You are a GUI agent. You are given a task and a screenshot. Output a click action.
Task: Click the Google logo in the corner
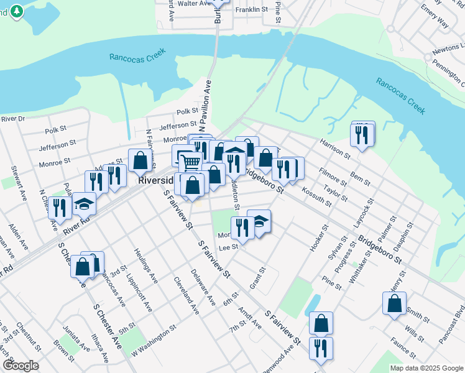point(20,366)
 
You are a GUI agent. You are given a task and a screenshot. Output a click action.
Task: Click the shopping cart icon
point(192,163)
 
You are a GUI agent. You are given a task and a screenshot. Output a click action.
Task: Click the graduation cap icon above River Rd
point(84,204)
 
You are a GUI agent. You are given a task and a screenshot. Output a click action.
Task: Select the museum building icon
point(234,152)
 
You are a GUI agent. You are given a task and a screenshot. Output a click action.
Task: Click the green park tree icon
point(16,11)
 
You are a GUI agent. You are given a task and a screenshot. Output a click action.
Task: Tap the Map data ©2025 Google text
point(426,368)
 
